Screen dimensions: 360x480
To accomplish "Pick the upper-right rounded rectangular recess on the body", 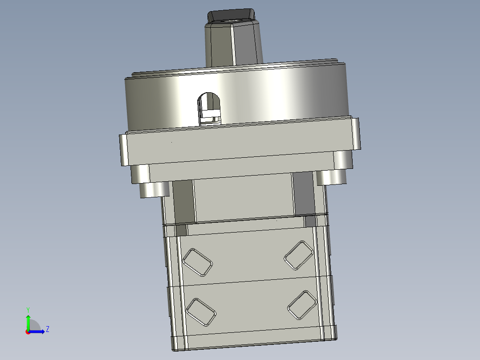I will pos(299,255).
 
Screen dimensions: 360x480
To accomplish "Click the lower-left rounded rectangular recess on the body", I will pos(202,311).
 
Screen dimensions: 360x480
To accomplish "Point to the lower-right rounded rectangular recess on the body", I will pos(302,305).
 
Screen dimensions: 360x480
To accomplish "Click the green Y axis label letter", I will pos(28,309).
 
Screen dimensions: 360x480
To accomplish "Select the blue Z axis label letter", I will pos(47,329).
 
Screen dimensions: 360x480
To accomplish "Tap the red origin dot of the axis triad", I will pos(28,331).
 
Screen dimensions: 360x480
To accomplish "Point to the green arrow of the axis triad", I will pos(28,321).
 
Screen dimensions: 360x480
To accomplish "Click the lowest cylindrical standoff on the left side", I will pos(154,189).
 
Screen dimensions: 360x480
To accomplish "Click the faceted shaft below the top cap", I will pos(233,45).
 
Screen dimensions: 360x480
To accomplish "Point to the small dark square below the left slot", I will pos(181,230).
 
